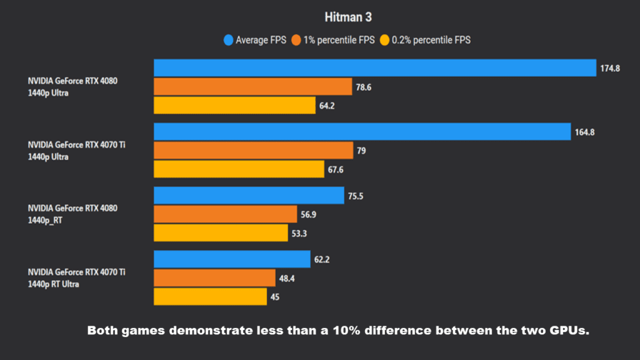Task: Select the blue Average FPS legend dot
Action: point(228,41)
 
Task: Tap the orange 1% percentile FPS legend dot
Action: point(296,41)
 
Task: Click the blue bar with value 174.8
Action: point(375,68)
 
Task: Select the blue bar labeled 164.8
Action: point(362,132)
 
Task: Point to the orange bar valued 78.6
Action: point(253,87)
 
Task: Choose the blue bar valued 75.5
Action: point(249,196)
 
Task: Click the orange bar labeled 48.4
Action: point(214,278)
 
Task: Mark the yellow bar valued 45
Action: point(210,297)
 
